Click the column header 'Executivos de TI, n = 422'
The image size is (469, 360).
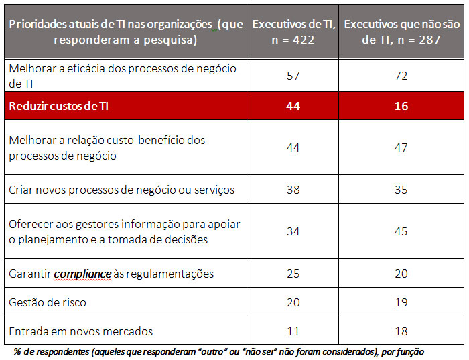(x=292, y=32)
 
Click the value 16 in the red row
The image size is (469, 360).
(x=401, y=106)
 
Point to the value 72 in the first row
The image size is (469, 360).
(x=401, y=76)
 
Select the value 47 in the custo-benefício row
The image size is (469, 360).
(x=401, y=147)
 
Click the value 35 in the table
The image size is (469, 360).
(x=401, y=190)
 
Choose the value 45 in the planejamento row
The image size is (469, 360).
(x=401, y=232)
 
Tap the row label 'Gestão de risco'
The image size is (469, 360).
(x=48, y=302)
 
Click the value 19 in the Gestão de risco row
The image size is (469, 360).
(x=401, y=302)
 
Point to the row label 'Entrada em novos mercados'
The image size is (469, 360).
(x=81, y=331)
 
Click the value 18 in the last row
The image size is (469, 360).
(x=401, y=331)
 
